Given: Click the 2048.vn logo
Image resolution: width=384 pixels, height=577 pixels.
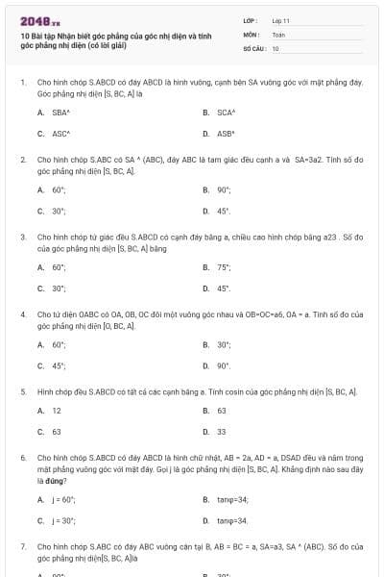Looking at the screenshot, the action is [40, 21].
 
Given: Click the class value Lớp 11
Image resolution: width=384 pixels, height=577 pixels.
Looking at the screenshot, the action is [280, 20].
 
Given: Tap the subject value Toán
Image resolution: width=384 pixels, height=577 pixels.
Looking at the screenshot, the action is [278, 34].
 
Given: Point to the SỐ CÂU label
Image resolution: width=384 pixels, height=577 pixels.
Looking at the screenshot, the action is [254, 48].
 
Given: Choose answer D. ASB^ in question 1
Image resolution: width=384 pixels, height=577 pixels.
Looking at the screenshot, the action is [225, 134].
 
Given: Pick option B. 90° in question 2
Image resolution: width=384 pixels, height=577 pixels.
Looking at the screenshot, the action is [223, 190].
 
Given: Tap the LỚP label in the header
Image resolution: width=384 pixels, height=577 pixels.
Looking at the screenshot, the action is [251, 20].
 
